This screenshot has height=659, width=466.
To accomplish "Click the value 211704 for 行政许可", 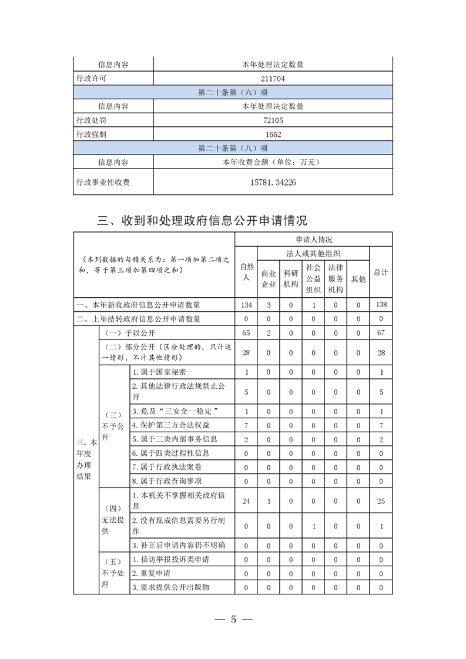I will (x=273, y=78).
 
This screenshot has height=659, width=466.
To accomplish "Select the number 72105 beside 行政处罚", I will (x=273, y=120).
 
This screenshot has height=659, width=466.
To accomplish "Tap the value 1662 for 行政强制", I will (x=273, y=135).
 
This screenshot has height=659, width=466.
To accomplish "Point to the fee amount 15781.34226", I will (x=273, y=182).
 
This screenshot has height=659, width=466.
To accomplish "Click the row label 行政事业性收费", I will (x=103, y=182).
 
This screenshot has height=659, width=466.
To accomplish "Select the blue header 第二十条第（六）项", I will (x=233, y=92).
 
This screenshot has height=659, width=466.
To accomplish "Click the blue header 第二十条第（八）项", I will (x=233, y=148).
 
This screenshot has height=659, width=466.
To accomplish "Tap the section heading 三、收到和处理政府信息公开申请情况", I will (x=202, y=221).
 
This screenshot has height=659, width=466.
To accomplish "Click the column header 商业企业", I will (x=269, y=279).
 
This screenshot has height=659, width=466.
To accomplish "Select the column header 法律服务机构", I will (x=336, y=279).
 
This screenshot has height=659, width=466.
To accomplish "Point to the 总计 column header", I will (x=381, y=273).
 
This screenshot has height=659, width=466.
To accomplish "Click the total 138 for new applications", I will (x=381, y=305).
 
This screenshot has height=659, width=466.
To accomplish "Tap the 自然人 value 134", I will (x=246, y=305).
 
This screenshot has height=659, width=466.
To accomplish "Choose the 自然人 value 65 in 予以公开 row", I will (x=246, y=333).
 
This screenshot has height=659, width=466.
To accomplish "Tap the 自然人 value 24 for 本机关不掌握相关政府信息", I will (x=246, y=501).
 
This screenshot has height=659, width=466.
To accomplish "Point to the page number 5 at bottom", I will (x=233, y=620).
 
